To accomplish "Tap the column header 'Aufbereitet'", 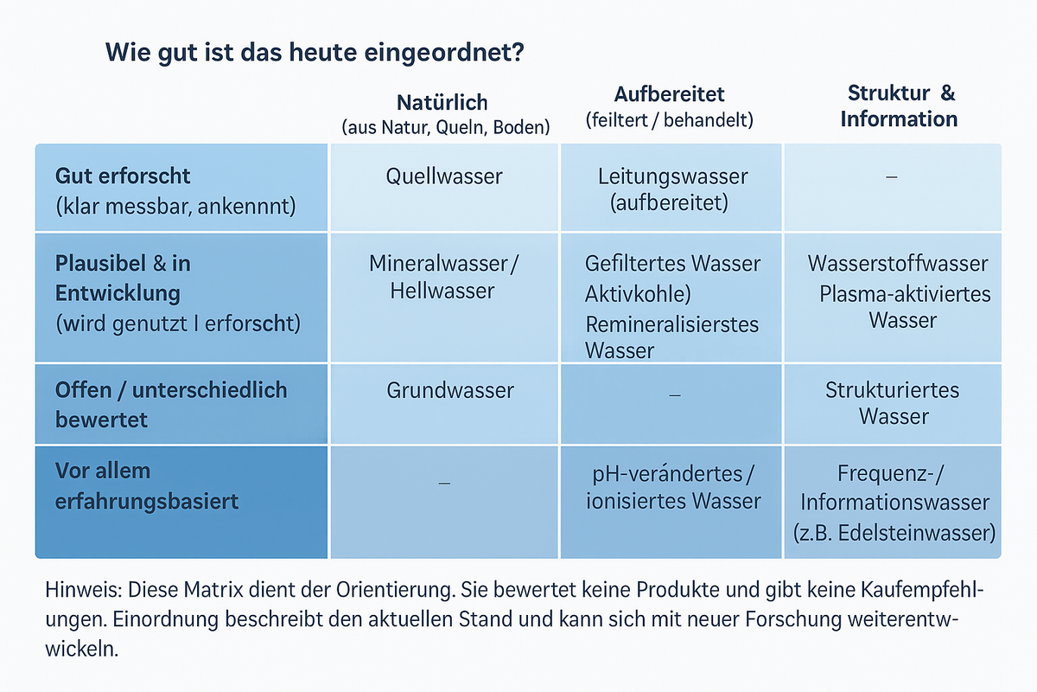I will (670, 93).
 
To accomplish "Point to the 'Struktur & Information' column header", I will (899, 106).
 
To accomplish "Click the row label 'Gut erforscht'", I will (123, 176).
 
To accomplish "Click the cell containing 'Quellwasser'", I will (444, 176).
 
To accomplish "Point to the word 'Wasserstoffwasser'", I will (898, 263).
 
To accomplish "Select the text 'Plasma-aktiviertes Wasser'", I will (904, 306).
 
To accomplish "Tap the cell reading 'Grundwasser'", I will (450, 390).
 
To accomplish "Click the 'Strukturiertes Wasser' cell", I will (893, 402).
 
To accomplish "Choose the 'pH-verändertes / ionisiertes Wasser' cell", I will (671, 487).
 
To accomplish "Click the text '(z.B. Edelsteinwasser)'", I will (894, 532).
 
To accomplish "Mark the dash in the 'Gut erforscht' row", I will (892, 176).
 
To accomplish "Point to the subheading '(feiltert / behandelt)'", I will (669, 120).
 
